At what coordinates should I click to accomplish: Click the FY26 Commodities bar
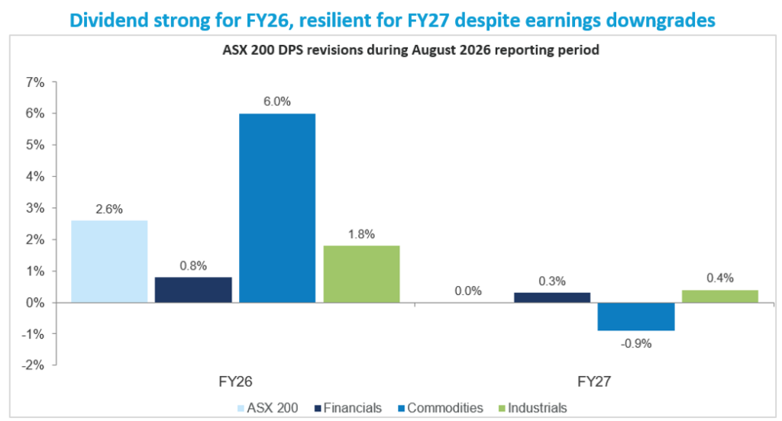[277, 207]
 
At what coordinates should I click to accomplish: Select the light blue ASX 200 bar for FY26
[109, 261]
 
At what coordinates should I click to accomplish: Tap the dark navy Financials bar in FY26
[193, 290]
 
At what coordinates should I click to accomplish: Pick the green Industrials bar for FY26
[361, 274]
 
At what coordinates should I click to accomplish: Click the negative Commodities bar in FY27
[636, 317]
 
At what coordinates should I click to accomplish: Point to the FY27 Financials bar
[552, 297]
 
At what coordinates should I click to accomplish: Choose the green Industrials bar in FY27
[720, 296]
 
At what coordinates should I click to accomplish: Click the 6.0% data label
[277, 101]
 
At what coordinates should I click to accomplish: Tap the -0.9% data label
[636, 344]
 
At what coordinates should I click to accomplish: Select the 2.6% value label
[109, 209]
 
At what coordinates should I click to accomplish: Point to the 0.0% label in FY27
[468, 291]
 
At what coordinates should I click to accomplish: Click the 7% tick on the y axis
[35, 82]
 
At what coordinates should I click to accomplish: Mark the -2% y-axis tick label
[33, 365]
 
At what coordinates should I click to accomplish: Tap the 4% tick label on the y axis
[35, 176]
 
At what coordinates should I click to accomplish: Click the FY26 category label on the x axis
[235, 381]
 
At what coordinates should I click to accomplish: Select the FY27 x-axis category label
[594, 381]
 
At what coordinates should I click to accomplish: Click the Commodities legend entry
[441, 408]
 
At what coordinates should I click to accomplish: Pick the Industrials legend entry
[532, 408]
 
